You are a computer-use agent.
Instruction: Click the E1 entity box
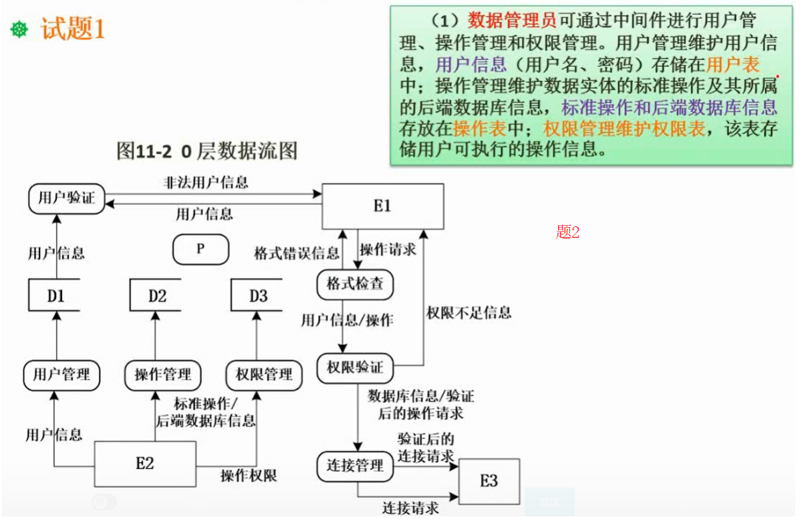click(382, 206)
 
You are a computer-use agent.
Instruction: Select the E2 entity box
click(145, 464)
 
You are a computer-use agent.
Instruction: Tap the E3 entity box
click(489, 481)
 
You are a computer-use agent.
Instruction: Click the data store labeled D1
click(55, 295)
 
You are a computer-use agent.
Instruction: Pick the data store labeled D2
click(157, 295)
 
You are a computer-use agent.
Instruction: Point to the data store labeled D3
click(258, 295)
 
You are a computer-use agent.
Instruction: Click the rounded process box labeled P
click(200, 249)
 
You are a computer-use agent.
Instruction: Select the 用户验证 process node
click(66, 198)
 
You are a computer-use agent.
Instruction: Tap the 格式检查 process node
click(355, 284)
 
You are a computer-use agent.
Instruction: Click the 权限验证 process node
click(355, 367)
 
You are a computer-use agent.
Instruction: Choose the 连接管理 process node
click(355, 465)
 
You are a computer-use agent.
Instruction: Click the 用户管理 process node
click(61, 374)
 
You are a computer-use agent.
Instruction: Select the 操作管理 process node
click(163, 374)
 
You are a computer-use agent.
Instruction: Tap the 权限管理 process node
click(264, 374)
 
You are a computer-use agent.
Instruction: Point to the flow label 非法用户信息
click(206, 182)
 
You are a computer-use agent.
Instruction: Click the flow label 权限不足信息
click(468, 312)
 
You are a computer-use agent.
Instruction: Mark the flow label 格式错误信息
click(297, 254)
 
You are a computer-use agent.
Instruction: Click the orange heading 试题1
click(72, 29)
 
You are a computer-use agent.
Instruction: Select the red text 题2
click(567, 232)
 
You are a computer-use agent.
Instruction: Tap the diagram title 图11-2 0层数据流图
click(207, 151)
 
